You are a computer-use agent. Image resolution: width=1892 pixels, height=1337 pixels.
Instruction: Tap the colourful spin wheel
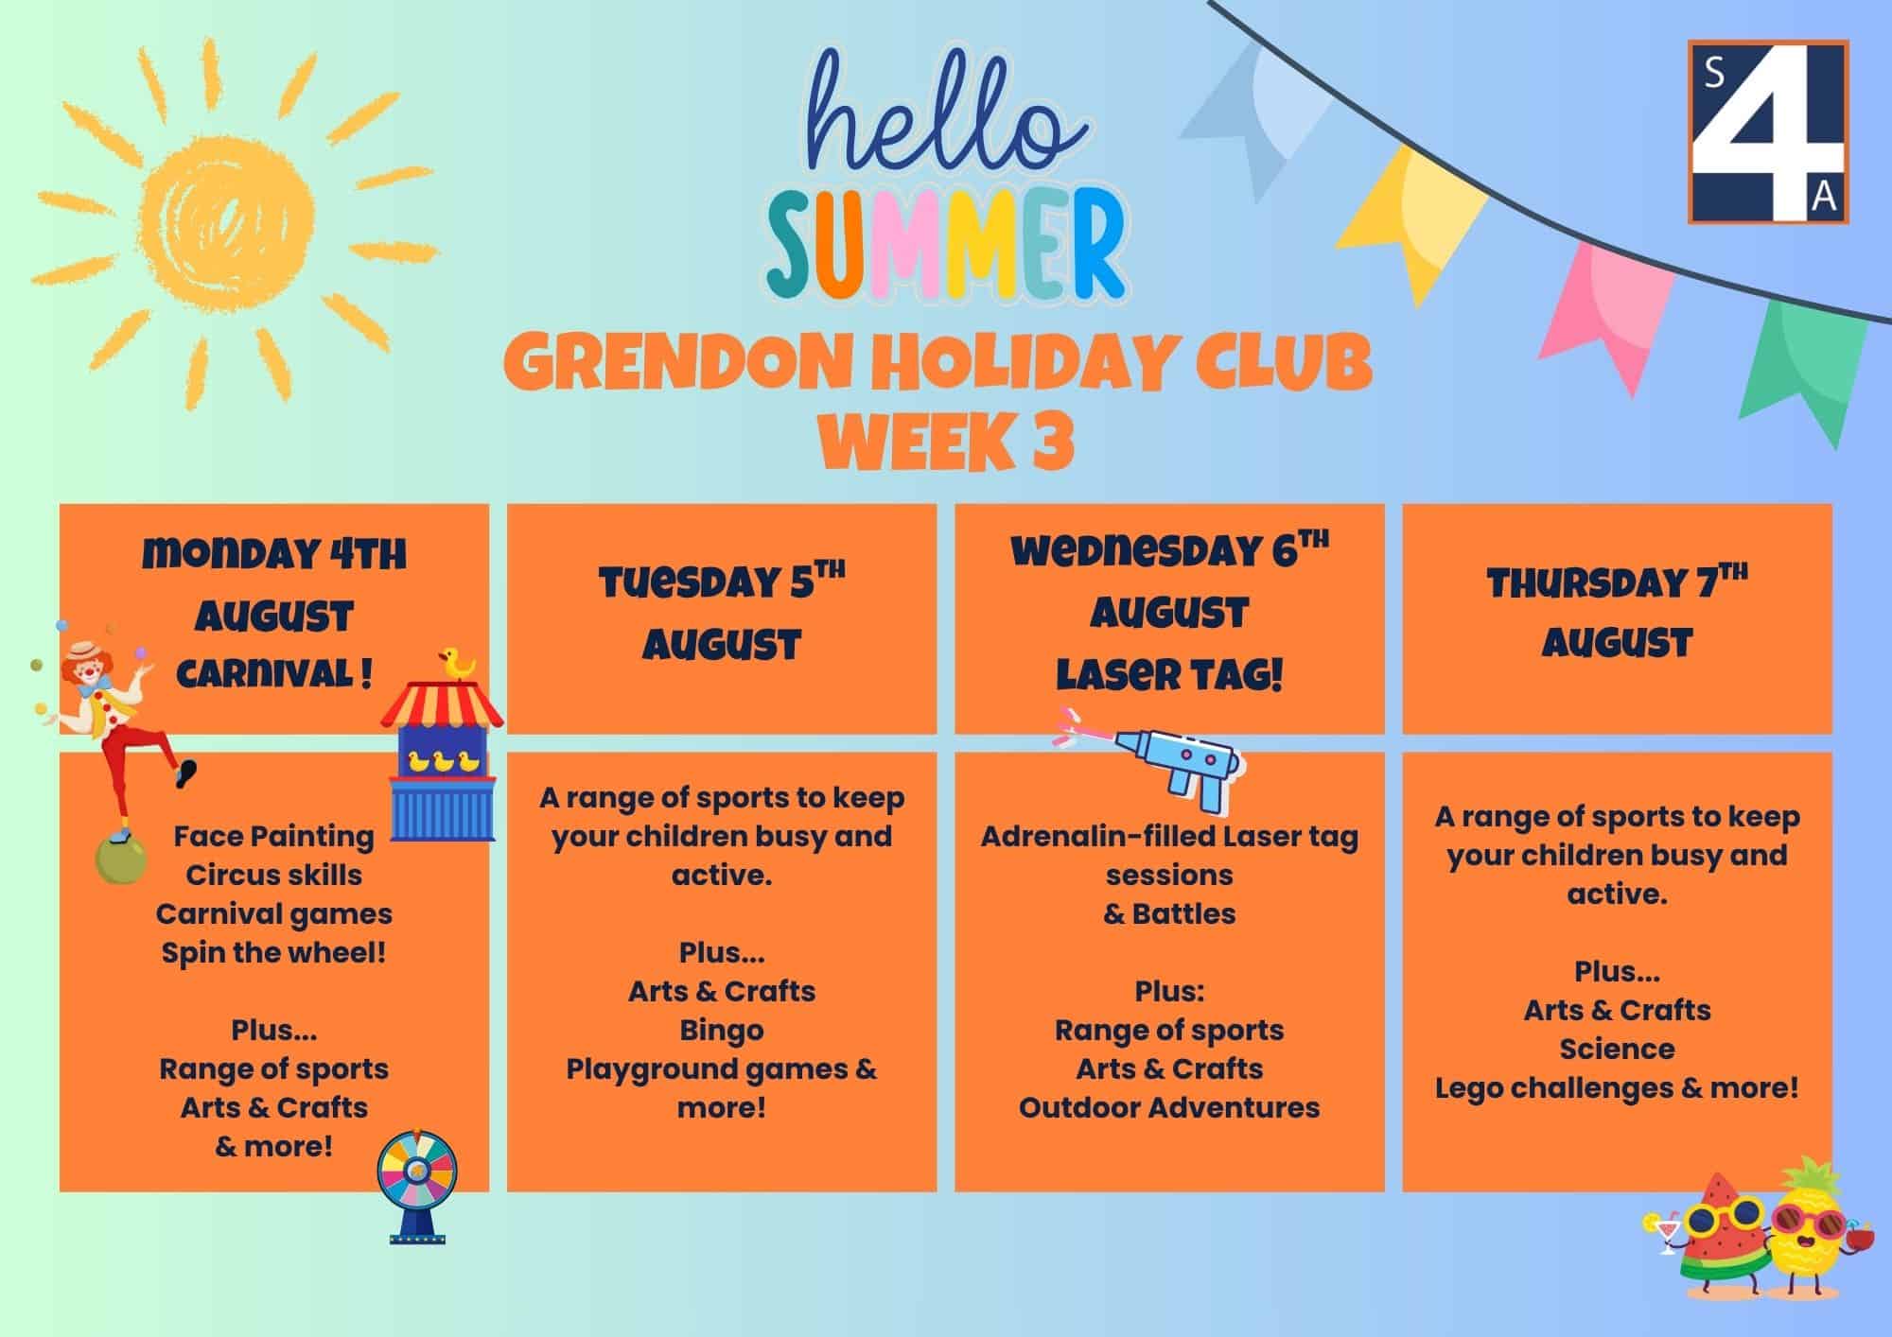417,1188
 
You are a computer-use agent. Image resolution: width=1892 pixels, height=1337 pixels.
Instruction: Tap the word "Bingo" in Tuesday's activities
722,1030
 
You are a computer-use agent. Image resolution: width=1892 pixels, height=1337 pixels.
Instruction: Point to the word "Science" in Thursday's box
1617,1049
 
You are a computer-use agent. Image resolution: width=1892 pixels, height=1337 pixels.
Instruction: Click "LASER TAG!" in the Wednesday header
1169,675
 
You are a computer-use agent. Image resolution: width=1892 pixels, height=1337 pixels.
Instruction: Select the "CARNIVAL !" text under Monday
274,674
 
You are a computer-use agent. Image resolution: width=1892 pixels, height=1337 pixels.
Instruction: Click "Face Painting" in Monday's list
274,836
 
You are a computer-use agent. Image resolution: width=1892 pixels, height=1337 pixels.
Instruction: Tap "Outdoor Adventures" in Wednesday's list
1169,1107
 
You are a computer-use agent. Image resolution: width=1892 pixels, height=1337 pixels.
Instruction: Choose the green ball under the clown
121,859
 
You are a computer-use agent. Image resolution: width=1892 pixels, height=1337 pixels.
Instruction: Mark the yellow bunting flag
1410,222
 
